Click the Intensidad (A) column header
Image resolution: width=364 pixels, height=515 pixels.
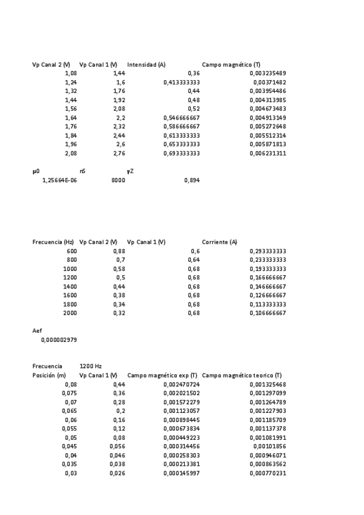146,64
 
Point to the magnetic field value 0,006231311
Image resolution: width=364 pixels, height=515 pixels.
267,154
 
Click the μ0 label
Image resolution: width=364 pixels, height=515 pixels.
36,171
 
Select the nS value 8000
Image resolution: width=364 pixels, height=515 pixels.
118,180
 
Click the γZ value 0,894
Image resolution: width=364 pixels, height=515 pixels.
191,180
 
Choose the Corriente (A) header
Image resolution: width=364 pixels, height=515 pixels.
219,242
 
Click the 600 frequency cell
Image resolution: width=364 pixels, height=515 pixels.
72,251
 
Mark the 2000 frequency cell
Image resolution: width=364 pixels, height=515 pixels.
70,313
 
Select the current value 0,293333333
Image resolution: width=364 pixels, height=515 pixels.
267,251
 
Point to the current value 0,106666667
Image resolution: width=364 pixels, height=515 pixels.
267,313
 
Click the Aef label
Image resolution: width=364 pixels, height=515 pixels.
37,331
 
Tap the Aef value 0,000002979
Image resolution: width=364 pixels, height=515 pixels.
59,340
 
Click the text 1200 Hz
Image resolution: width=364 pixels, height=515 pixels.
91,366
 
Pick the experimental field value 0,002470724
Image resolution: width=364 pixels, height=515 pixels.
182,384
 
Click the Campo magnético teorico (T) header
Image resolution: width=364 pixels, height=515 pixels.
241,375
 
